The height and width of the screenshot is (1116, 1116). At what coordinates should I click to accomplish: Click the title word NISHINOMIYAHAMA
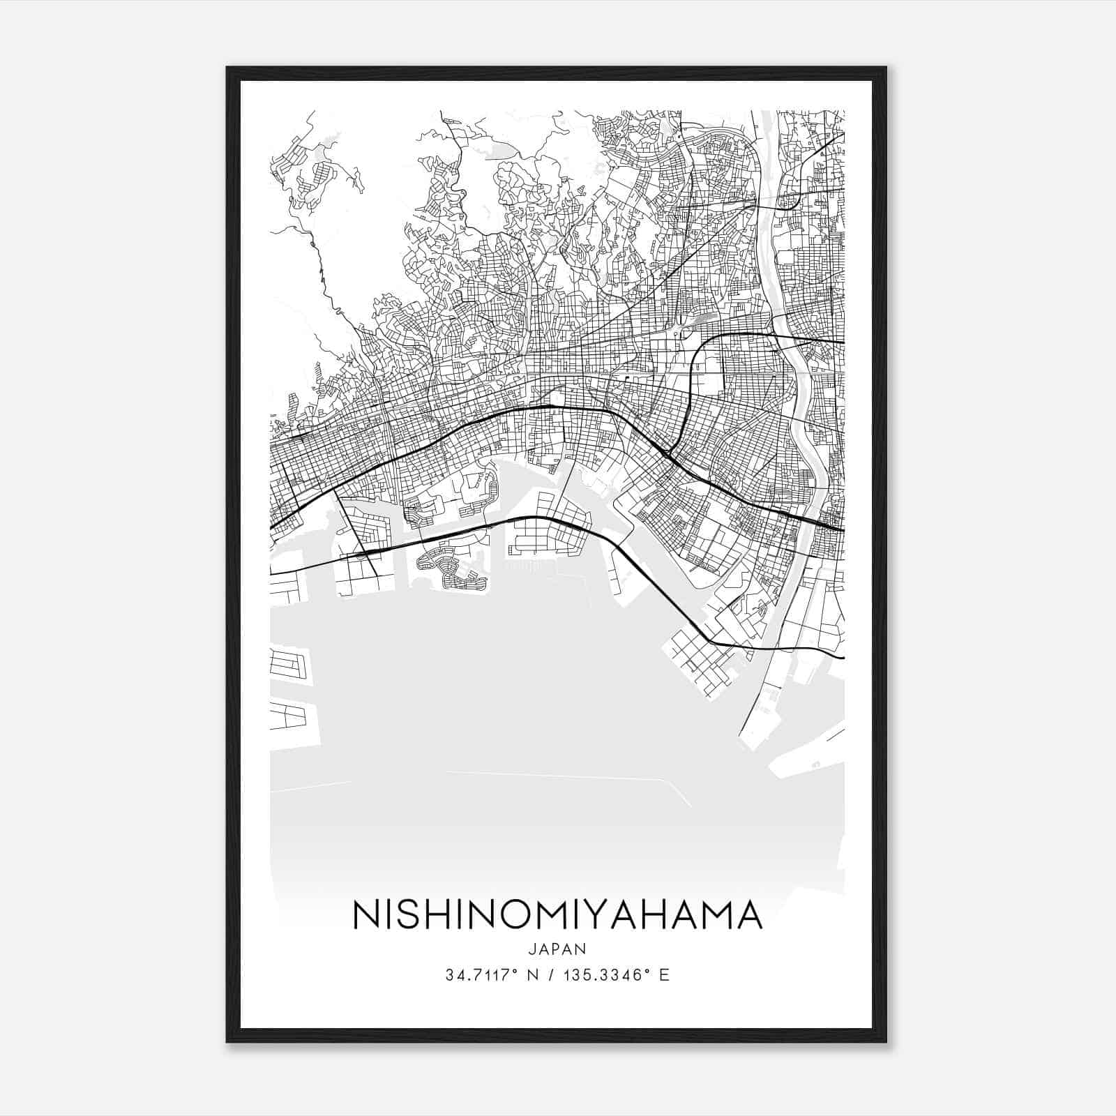[x=557, y=915]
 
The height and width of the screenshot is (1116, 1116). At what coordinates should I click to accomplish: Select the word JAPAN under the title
[x=557, y=949]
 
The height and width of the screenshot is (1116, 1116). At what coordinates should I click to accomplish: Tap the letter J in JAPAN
[x=532, y=949]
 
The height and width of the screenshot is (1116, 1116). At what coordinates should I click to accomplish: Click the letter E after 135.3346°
[x=664, y=974]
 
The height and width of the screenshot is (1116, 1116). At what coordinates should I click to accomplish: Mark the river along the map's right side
[x=802, y=418]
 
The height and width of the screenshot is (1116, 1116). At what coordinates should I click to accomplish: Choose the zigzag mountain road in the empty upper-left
[x=322, y=272]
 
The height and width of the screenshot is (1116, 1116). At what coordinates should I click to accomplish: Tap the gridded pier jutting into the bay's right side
[x=697, y=659]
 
